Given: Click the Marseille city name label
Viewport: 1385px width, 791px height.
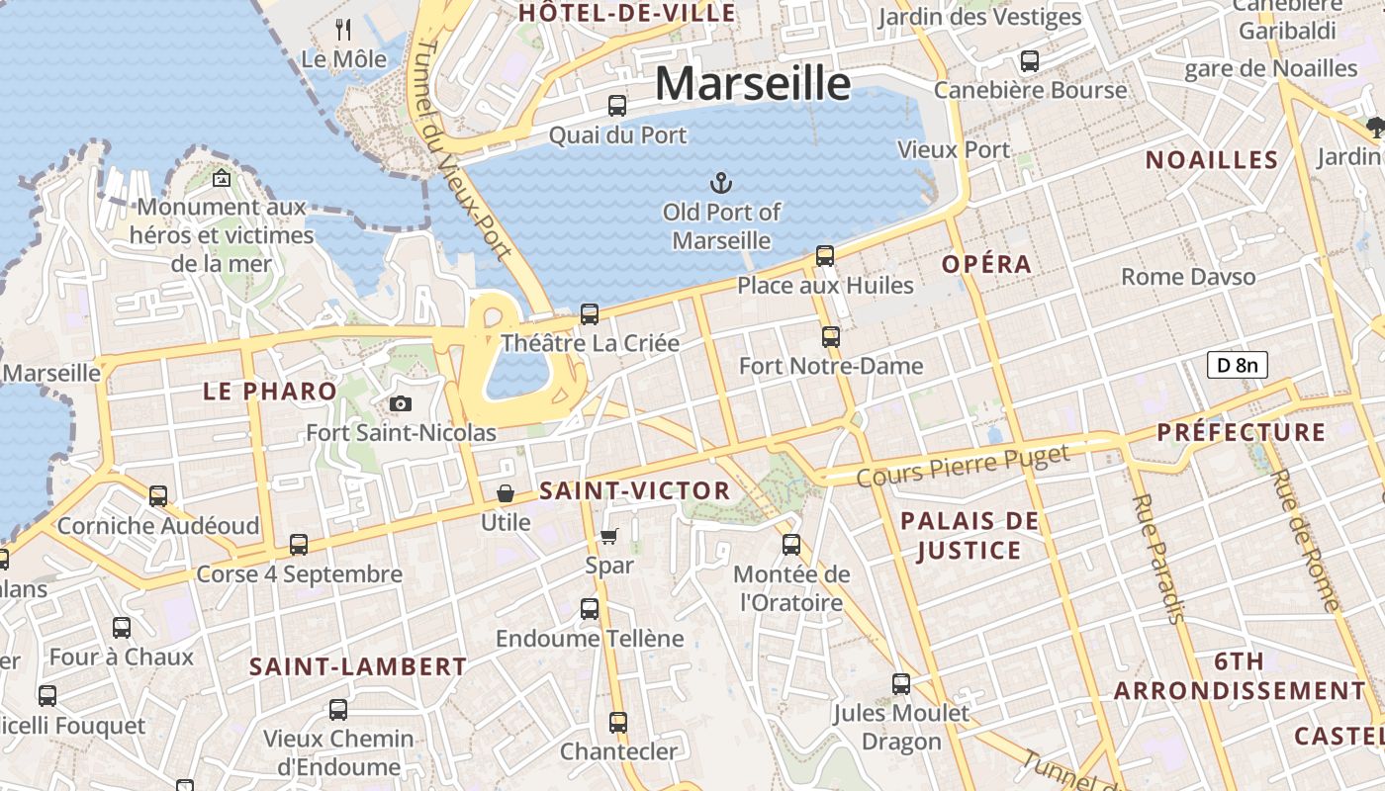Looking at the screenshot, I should pos(752,83).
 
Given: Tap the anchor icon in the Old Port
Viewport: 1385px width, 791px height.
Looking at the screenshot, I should pos(721,182).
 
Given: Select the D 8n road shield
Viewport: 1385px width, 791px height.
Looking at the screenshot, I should pos(1237,365).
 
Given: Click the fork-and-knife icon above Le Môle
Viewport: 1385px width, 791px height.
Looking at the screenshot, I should pos(343,29).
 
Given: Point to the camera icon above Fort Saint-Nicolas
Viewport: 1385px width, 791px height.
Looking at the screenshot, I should pos(400,403).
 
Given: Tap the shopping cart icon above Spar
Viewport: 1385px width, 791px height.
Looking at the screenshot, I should pos(609,536).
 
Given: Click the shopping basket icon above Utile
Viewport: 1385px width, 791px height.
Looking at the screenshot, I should pos(506,492).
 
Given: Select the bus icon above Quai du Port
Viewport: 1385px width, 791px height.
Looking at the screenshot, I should pos(617,105).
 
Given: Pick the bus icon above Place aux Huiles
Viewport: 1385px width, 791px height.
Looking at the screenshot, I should pos(825,256).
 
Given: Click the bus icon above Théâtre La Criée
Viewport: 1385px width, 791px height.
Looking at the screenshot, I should pos(590,314).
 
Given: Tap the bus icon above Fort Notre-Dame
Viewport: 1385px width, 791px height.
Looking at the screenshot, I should pos(831,337).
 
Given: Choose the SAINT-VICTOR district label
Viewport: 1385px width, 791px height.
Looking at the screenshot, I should pos(634,490).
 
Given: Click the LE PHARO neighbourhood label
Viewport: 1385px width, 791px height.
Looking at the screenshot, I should pos(270,392).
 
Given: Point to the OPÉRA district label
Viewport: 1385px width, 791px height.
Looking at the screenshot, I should pos(986,264).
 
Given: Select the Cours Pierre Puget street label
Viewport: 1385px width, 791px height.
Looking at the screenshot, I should pos(963,466).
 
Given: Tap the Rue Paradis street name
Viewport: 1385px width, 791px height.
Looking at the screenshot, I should pos(1156,559).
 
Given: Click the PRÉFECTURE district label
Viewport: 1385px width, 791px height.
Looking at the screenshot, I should pos(1241,432).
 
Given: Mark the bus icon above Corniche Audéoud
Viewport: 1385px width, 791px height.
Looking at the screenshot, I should pos(158,495).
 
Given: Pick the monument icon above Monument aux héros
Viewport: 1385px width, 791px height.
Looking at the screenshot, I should pos(222,179).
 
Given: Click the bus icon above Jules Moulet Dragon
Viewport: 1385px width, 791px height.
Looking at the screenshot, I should pos(901,683).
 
